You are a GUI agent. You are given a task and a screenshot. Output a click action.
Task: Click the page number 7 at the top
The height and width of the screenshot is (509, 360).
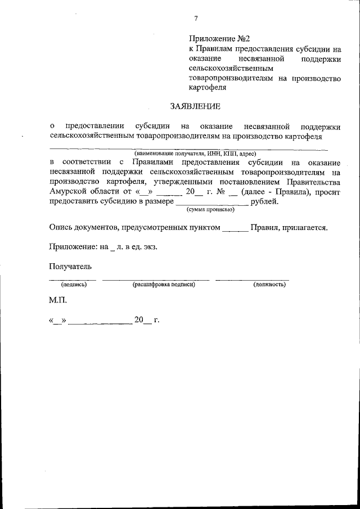click(x=196, y=19)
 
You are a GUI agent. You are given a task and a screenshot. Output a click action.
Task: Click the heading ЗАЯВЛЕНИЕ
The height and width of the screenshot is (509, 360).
click(x=195, y=106)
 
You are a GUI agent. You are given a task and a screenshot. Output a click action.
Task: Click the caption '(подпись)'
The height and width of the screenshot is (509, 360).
click(x=74, y=285)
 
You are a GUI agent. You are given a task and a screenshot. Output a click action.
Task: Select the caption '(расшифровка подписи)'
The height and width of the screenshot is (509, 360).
click(x=164, y=285)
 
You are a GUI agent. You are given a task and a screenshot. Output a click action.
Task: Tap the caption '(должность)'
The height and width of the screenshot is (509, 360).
click(x=269, y=285)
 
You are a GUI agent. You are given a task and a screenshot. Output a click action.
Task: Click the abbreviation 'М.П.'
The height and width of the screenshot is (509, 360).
click(x=58, y=301)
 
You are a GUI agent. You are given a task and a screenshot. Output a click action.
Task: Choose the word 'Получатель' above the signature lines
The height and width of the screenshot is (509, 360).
click(x=70, y=266)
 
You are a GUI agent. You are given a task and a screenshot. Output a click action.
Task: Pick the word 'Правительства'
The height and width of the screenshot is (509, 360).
click(x=313, y=182)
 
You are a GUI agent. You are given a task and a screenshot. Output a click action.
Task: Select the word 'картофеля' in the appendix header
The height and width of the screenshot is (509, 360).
click(x=208, y=88)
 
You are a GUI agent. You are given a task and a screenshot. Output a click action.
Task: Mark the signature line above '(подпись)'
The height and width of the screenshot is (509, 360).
click(x=72, y=279)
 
